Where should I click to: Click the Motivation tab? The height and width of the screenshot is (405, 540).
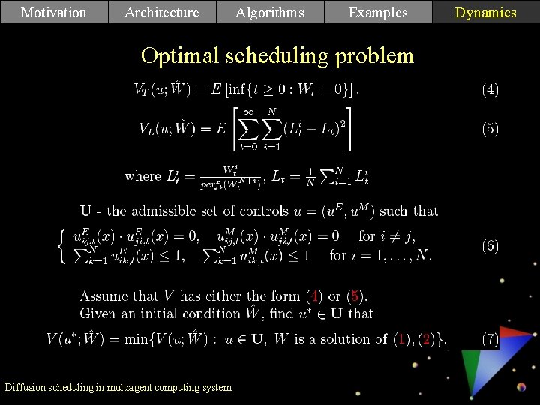click(x=54, y=12)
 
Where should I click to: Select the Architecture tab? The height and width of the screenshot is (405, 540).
click(x=162, y=12)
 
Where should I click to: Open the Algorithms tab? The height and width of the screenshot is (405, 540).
click(x=270, y=12)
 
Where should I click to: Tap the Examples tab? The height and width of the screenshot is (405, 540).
click(x=378, y=12)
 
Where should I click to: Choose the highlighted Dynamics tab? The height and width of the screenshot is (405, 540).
click(x=486, y=12)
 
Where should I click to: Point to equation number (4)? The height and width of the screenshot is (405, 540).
click(x=490, y=90)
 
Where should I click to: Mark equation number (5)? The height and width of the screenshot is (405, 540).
click(x=490, y=129)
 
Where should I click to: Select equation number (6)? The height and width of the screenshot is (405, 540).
click(x=490, y=245)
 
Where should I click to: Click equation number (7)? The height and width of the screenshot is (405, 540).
click(x=490, y=339)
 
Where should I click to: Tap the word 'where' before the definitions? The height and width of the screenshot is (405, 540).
click(x=142, y=176)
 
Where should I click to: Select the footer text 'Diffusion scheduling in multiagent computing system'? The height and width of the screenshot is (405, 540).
click(x=118, y=387)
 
